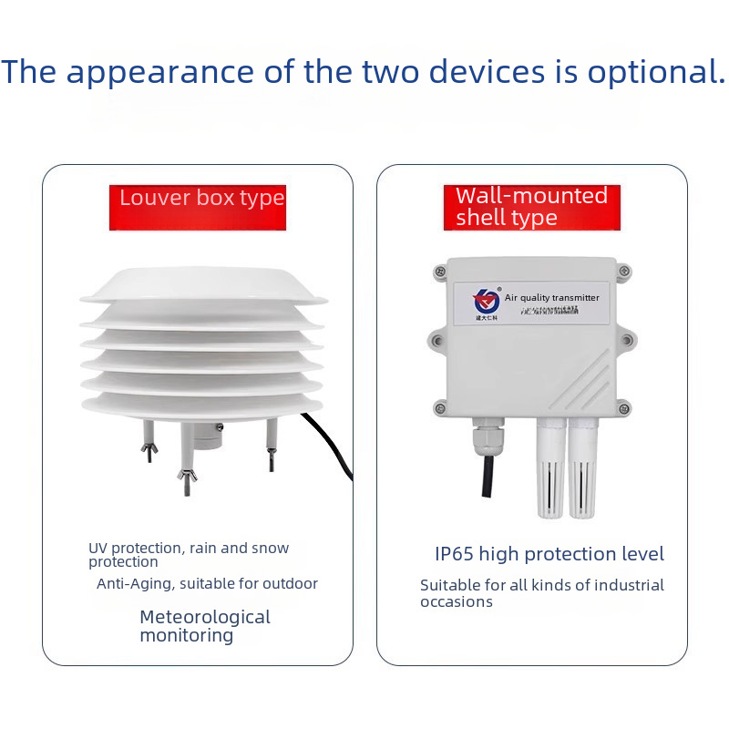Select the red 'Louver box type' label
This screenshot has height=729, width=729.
(x=202, y=199)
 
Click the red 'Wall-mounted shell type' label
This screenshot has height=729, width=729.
(x=531, y=208)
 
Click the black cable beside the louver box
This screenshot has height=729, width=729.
(x=334, y=447)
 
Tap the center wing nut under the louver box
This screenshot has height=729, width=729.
(x=188, y=477)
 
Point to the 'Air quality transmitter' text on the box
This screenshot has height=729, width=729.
(x=552, y=298)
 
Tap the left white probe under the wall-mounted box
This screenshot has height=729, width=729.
(x=549, y=469)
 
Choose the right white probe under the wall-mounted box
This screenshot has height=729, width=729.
(x=580, y=469)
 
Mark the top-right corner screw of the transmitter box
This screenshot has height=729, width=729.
(x=624, y=270)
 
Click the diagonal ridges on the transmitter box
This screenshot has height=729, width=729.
(x=583, y=383)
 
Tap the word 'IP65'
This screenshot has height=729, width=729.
(x=453, y=554)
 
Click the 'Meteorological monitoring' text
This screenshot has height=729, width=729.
(x=205, y=626)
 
